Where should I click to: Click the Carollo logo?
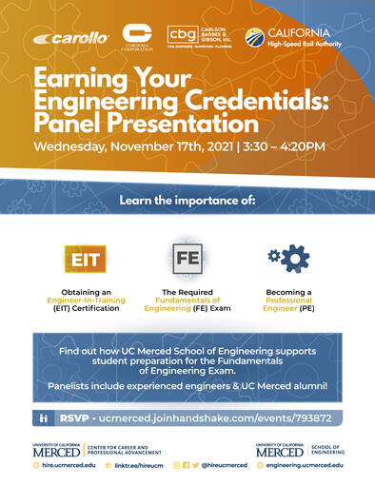tap(71, 39)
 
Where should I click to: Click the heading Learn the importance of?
tap(187, 200)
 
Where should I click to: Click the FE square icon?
tap(187, 258)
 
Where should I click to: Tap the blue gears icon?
tap(288, 258)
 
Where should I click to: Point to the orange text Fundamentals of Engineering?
tap(187, 299)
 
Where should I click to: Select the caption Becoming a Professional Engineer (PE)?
tap(288, 299)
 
